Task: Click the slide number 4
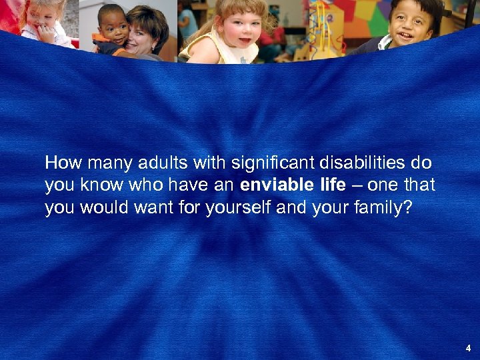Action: click(x=469, y=348)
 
